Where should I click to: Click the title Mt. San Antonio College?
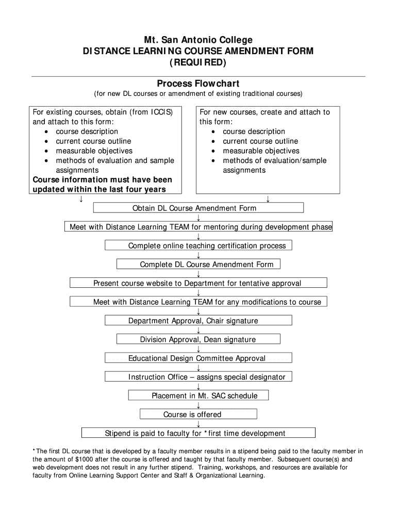pyautogui.click(x=198, y=40)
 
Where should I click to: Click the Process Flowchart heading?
pyautogui.click(x=198, y=84)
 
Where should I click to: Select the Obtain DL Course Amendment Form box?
pyautogui.click(x=198, y=208)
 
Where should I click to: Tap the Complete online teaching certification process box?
pyautogui.click(x=198, y=245)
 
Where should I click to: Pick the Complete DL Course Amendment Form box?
pyautogui.click(x=198, y=265)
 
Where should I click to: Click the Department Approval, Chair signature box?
pyautogui.click(x=198, y=321)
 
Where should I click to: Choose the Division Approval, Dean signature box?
pyautogui.click(x=198, y=339)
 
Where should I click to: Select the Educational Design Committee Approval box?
pyautogui.click(x=198, y=358)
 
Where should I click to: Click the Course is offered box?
pyautogui.click(x=198, y=415)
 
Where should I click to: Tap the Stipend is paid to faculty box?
pyautogui.click(x=198, y=433)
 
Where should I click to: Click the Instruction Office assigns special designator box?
pyautogui.click(x=198, y=377)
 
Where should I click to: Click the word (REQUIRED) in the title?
pyautogui.click(x=198, y=62)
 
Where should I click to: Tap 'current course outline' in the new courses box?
pyautogui.click(x=260, y=141)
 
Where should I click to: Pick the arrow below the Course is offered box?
pyautogui.click(x=198, y=424)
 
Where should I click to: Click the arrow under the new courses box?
pyautogui.click(x=268, y=199)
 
